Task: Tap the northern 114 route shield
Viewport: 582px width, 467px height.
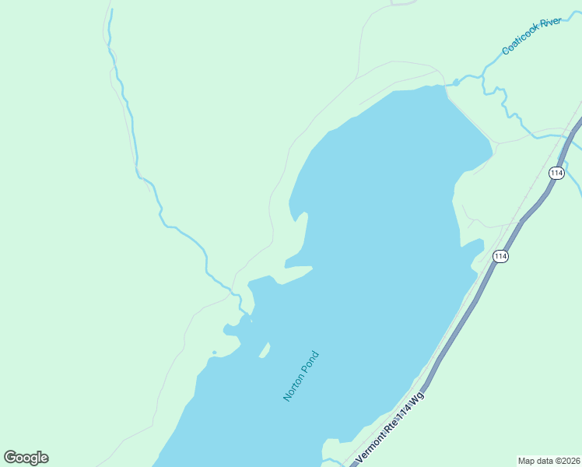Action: tap(556, 173)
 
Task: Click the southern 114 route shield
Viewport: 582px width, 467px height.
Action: tap(500, 256)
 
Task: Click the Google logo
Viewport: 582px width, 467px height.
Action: tap(26, 458)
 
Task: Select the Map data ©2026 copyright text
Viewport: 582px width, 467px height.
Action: tap(549, 460)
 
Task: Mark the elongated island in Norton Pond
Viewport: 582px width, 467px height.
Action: tap(265, 350)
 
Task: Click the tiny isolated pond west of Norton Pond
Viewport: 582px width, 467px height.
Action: tap(214, 352)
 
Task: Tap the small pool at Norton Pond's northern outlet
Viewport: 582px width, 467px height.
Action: tap(456, 82)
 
